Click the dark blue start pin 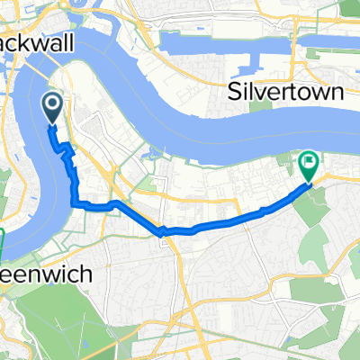(x=52, y=111)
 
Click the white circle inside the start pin (x=52, y=107)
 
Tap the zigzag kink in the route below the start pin (x=65, y=153)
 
